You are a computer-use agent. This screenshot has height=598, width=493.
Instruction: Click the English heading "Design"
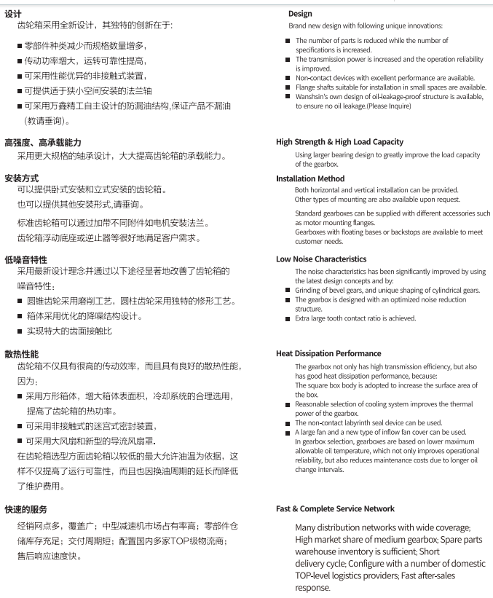[x=300, y=13]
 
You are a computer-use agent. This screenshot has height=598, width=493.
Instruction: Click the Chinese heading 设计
[x=13, y=12]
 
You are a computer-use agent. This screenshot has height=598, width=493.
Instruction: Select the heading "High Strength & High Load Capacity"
[x=339, y=142]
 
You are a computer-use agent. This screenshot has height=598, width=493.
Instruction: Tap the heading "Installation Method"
[x=310, y=178]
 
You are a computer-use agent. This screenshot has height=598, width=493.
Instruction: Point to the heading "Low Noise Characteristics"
[x=321, y=259]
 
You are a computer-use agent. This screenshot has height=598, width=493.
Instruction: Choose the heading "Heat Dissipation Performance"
[x=328, y=353]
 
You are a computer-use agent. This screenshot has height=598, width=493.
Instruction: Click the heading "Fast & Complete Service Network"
[x=335, y=508]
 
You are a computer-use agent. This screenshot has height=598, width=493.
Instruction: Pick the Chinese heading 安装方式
[x=22, y=178]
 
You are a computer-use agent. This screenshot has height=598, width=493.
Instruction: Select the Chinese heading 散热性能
[x=22, y=353]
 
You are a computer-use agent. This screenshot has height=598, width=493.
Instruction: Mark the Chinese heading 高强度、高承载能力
[x=43, y=142]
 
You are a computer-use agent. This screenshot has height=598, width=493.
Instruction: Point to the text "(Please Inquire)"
[x=389, y=106]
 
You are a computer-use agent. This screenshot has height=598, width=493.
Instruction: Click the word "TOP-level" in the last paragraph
[x=318, y=575]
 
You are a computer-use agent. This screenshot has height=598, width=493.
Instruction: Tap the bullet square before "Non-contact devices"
[x=288, y=78]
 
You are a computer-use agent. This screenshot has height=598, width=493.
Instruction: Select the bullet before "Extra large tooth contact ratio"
[x=288, y=318]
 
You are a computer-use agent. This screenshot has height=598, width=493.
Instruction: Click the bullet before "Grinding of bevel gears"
[x=288, y=291]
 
